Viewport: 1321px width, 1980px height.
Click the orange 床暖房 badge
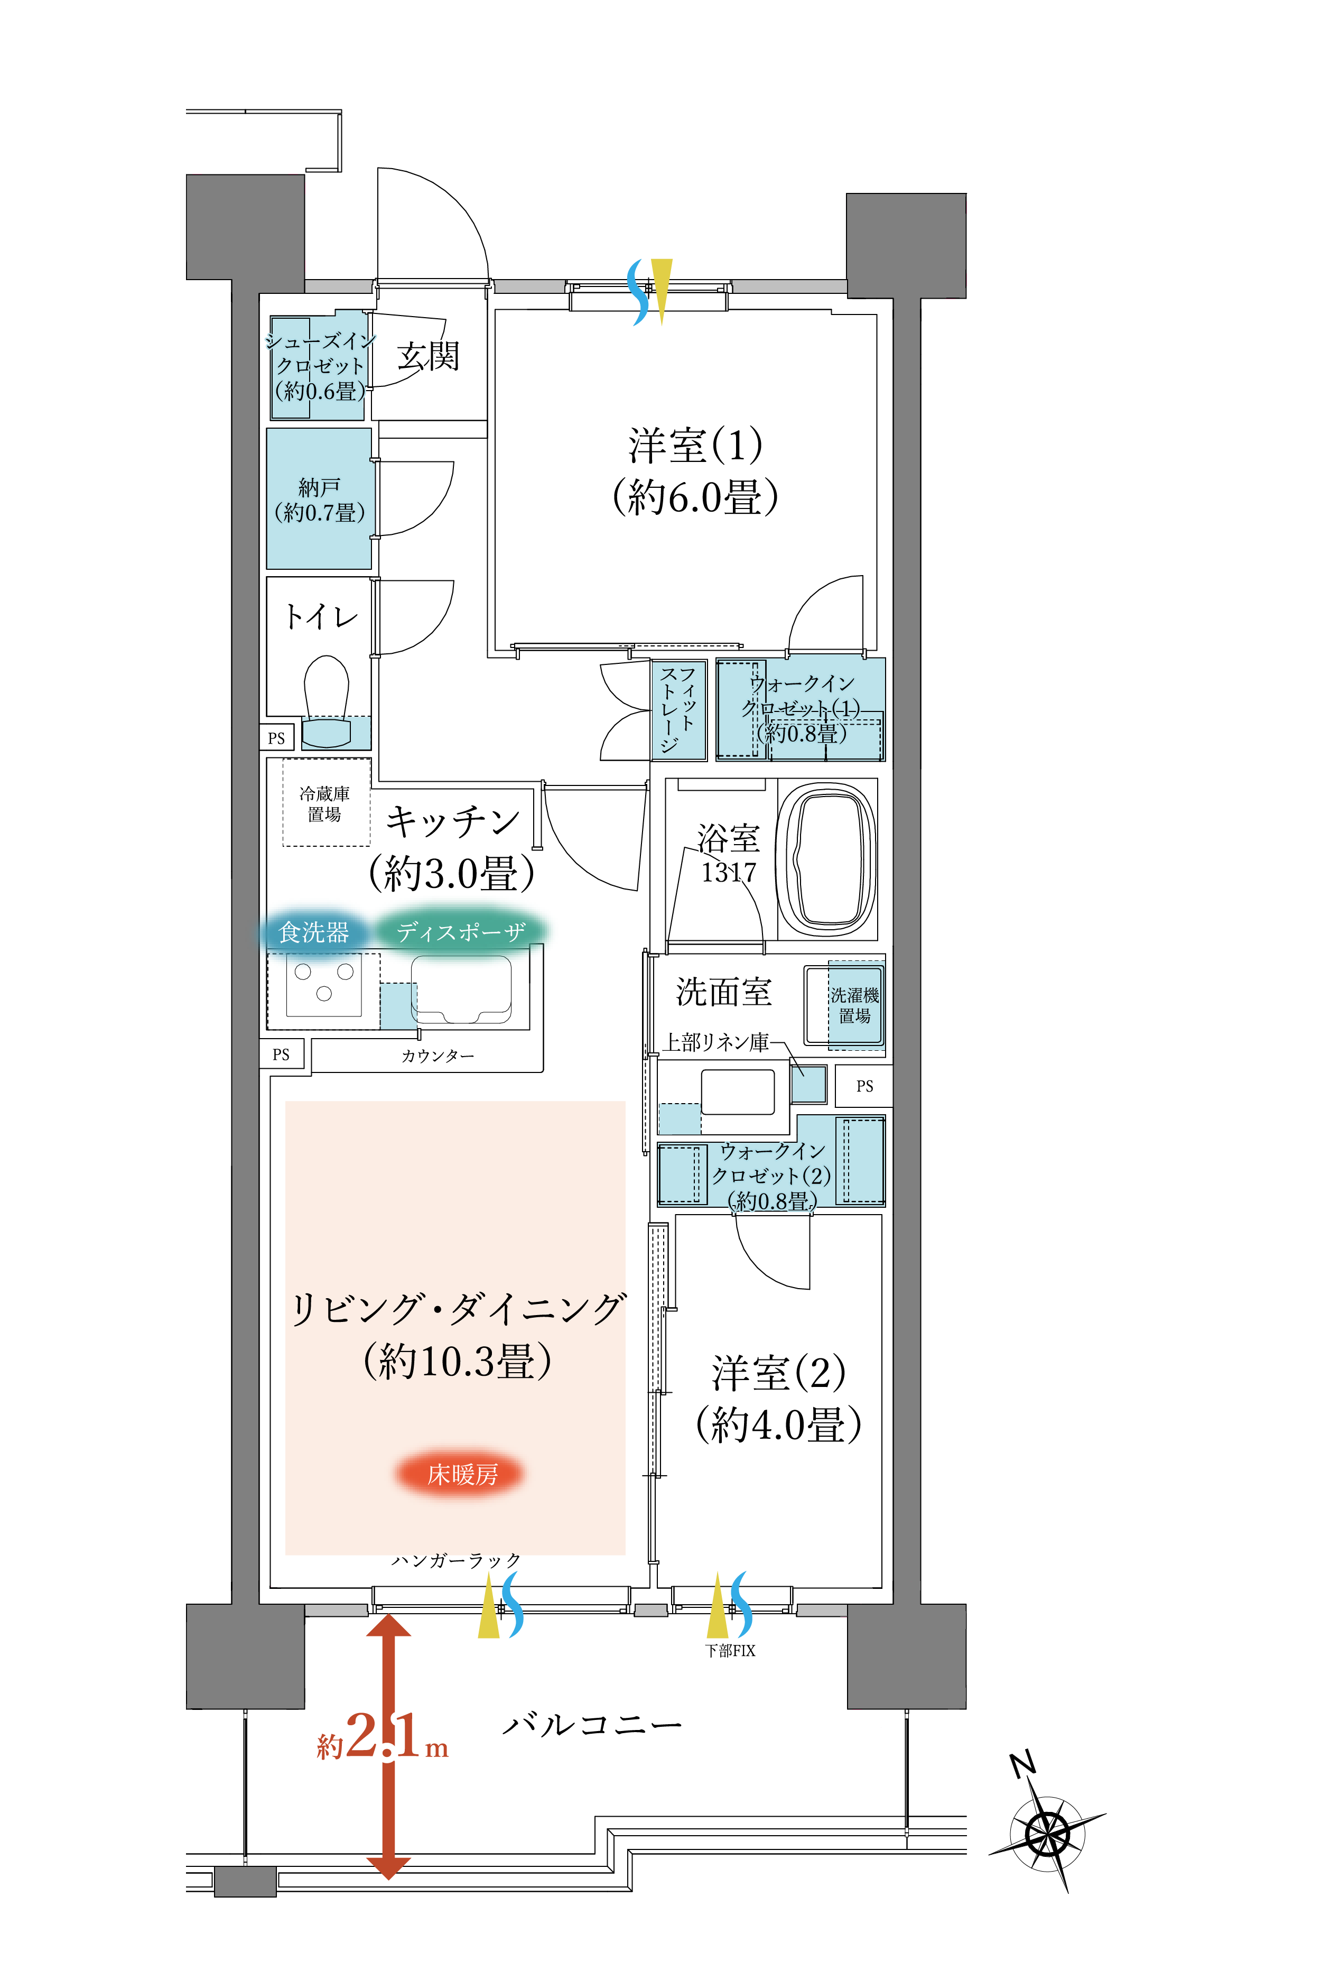pyautogui.click(x=461, y=1475)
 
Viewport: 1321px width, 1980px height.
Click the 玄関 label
pyautogui.click(x=428, y=356)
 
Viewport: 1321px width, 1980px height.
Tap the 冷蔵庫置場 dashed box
pyautogui.click(x=325, y=803)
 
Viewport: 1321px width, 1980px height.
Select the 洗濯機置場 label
pyautogui.click(x=854, y=1005)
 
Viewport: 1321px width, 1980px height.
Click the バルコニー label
pyautogui.click(x=592, y=1726)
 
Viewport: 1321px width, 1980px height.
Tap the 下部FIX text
pyautogui.click(x=730, y=1651)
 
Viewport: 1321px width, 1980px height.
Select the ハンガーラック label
pyautogui.click(x=456, y=1560)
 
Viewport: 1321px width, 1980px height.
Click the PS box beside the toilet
pyautogui.click(x=276, y=738)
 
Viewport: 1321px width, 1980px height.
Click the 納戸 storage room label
pyautogui.click(x=319, y=499)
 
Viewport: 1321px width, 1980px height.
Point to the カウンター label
pyautogui.click(x=436, y=1056)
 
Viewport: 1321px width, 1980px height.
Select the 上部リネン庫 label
pyautogui.click(x=716, y=1042)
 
